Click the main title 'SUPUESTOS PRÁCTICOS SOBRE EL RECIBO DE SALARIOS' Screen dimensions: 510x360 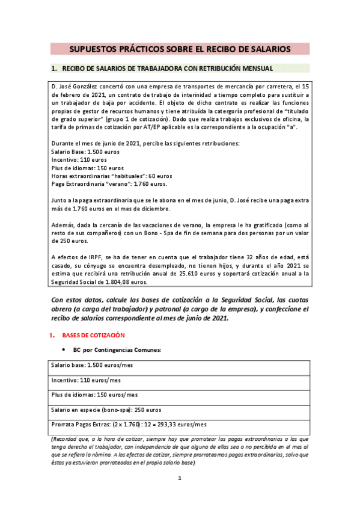(x=180, y=48)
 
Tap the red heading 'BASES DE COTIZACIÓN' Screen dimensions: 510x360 (x=94, y=334)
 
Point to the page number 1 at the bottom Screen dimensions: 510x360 (x=179, y=479)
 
